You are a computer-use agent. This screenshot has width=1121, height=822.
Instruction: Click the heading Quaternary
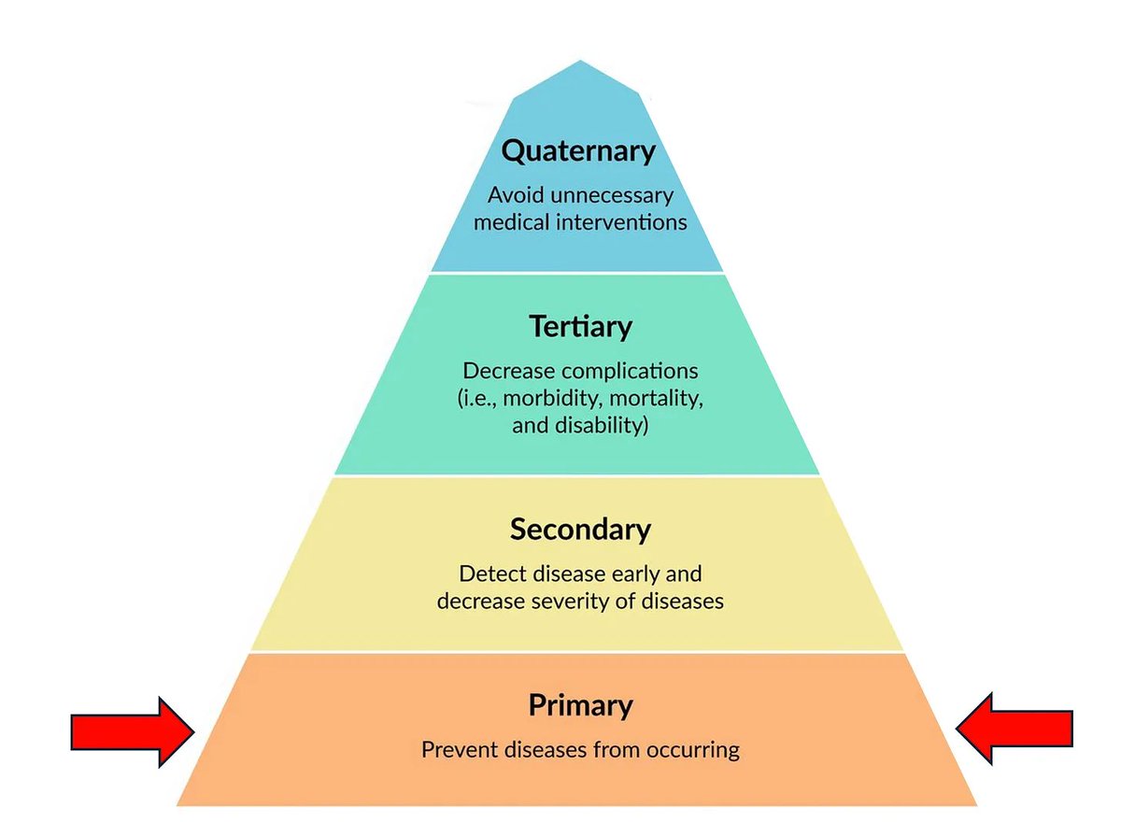578,151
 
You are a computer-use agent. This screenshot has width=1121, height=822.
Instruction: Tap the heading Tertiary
580,327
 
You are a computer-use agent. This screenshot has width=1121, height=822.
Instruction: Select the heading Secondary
580,529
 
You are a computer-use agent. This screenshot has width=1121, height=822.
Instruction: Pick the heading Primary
580,705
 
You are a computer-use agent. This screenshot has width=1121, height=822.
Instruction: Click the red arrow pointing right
133,732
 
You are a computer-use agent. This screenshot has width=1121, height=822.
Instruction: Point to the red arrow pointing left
1014,729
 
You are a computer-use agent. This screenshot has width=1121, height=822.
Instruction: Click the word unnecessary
612,195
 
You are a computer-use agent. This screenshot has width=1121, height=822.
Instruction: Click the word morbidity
549,399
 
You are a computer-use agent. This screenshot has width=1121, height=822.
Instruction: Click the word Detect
493,574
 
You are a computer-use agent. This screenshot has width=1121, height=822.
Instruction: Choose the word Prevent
461,750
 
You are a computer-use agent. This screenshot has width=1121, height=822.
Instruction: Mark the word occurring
693,750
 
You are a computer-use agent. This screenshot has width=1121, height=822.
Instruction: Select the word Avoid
516,195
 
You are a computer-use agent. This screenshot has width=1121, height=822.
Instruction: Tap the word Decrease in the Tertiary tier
510,371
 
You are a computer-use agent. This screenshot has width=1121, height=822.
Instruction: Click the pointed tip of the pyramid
580,61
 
